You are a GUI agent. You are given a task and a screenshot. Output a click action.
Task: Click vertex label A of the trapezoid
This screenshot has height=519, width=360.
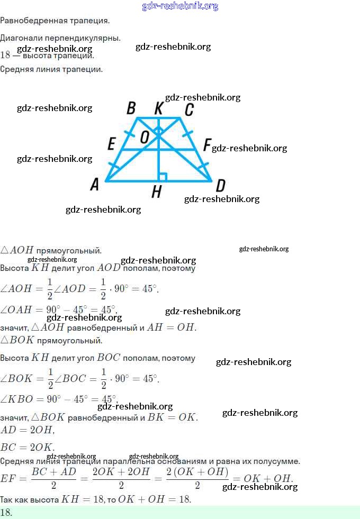coord(95,184)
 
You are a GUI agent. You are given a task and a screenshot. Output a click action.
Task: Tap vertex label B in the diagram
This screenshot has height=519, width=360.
coord(131,108)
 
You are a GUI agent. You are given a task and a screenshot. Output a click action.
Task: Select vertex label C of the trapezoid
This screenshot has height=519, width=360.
coord(189,110)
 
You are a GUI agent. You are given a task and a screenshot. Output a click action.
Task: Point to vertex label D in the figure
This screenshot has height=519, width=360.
coord(220,185)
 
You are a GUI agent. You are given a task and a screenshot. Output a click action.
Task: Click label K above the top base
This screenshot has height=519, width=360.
coord(158,108)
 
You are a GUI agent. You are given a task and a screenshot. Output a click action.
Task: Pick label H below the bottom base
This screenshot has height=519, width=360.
coord(156,192)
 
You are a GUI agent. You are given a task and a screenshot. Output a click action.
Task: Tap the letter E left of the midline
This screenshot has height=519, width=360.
coord(111,144)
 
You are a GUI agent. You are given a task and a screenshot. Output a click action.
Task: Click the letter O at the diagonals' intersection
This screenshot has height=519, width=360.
coord(145,138)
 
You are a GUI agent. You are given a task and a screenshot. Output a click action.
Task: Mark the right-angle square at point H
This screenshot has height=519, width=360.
coord(163,177)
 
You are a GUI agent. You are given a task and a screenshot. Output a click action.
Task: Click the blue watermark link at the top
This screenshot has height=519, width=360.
coord(180,6)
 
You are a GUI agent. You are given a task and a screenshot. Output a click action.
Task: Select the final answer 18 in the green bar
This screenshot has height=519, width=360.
coord(6,512)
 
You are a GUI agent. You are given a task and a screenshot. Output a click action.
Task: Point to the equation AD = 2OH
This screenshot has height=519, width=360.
coord(27,430)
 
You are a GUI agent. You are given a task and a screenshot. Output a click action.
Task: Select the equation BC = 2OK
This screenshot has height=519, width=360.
coord(27,447)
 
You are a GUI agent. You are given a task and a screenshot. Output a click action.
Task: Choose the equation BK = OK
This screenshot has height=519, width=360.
coord(173,417)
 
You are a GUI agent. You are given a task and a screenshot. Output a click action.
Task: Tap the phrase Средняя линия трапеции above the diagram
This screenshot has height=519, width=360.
coord(51,69)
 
